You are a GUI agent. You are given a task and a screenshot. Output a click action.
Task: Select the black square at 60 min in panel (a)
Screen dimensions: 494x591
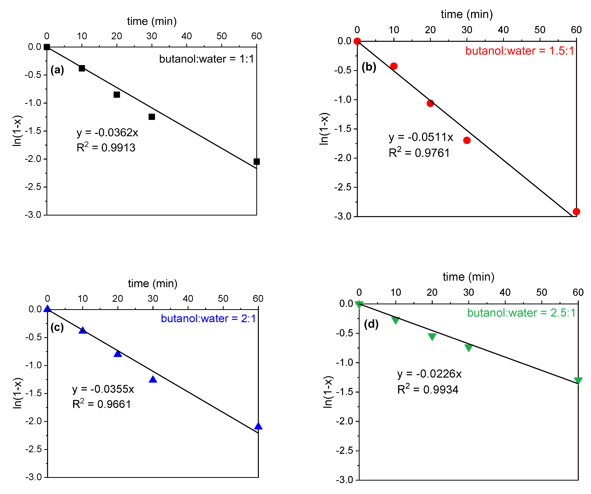click(256, 161)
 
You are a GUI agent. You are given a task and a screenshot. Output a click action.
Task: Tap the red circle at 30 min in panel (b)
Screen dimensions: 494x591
click(467, 140)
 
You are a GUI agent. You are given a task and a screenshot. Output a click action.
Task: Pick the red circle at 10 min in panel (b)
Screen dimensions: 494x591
click(394, 66)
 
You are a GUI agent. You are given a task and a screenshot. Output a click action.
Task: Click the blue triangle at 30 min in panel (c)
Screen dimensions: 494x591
click(153, 380)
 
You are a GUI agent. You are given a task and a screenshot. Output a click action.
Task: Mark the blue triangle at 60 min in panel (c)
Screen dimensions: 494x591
click(258, 426)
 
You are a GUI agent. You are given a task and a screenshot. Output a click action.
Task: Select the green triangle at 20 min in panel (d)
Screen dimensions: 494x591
click(432, 336)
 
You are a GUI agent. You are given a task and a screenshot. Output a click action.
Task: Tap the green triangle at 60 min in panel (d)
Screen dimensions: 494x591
click(578, 380)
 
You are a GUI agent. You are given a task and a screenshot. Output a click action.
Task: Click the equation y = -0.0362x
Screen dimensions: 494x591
click(107, 132)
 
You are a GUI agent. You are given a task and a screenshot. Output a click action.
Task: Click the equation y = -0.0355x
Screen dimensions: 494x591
click(103, 389)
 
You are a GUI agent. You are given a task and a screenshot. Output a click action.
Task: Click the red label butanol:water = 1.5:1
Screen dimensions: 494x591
click(519, 51)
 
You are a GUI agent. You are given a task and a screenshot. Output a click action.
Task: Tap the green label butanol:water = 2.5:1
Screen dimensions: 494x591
click(521, 313)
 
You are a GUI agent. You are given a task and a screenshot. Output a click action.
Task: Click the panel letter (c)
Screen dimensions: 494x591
click(57, 327)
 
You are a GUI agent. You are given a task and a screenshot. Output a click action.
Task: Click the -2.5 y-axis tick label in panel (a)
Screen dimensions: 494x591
click(33, 187)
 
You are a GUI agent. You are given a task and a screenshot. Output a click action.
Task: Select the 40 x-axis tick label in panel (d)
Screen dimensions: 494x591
click(505, 292)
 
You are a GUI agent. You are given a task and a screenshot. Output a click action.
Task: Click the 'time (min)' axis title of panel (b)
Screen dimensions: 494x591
click(467, 14)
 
